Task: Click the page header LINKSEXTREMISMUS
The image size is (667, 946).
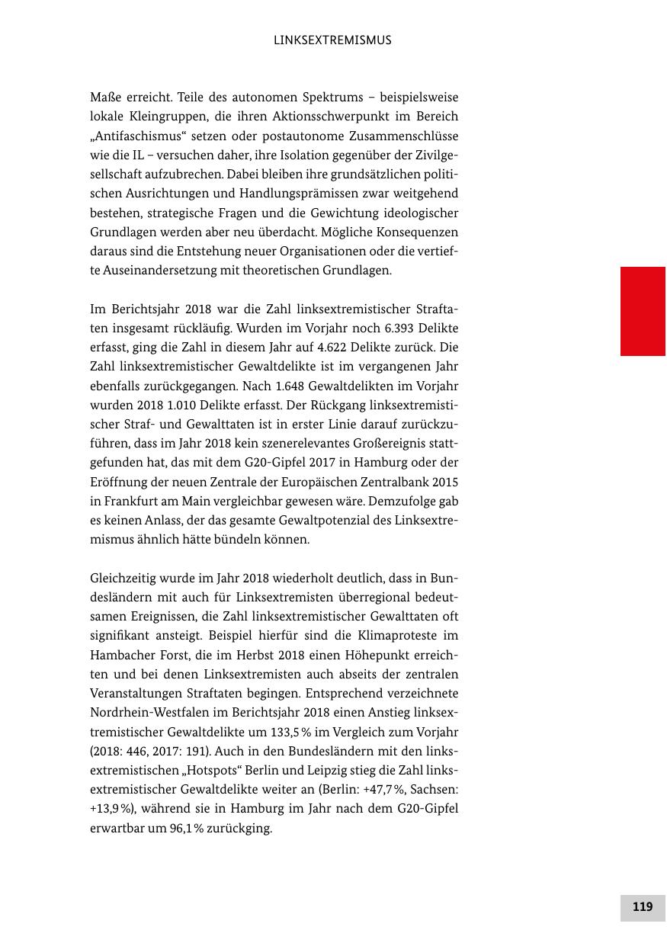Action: pos(332,40)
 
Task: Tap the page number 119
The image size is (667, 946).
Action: pos(643,907)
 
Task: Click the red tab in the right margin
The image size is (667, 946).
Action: pos(643,311)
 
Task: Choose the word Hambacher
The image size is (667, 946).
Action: pos(121,655)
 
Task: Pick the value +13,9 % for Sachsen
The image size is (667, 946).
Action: pos(110,809)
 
